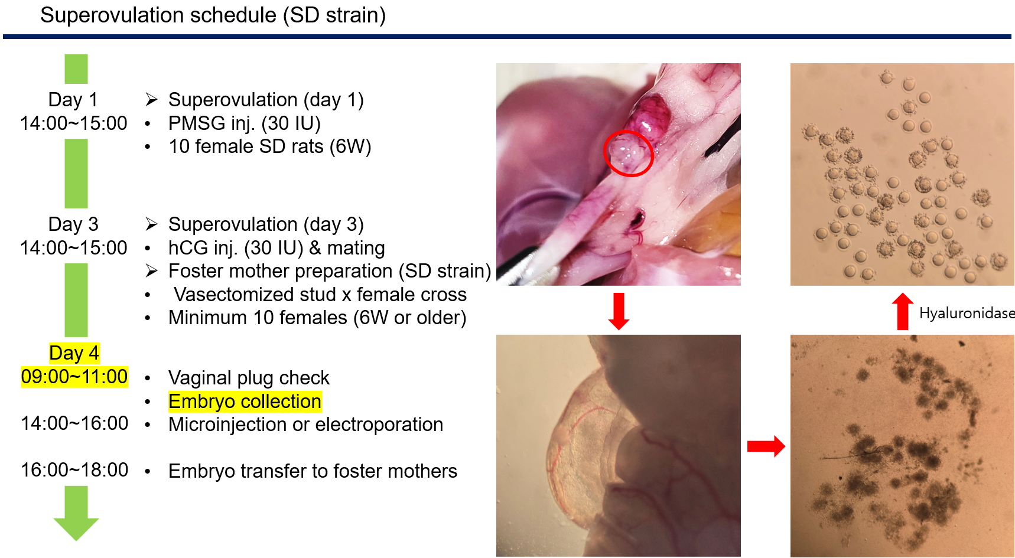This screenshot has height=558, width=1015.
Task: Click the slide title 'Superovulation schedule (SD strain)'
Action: click(x=213, y=15)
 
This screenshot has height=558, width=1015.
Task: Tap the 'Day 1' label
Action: click(x=73, y=99)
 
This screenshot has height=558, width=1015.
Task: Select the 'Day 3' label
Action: click(x=73, y=224)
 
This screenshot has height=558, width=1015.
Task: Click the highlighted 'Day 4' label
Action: click(x=74, y=353)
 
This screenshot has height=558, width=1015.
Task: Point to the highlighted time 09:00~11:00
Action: click(x=74, y=376)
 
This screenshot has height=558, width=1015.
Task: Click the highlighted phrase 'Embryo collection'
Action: click(x=245, y=402)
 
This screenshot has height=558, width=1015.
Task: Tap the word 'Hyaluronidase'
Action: click(x=967, y=313)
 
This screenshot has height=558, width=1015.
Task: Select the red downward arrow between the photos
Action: click(x=619, y=311)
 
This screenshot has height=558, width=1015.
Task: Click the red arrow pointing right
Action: click(x=766, y=446)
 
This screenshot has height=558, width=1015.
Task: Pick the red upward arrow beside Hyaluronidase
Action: click(x=902, y=311)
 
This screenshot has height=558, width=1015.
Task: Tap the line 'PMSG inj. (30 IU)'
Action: click(x=245, y=123)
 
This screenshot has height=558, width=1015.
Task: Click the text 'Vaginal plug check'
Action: click(x=249, y=378)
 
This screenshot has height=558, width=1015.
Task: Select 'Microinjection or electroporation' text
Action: click(x=305, y=425)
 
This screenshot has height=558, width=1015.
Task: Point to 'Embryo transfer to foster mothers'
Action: click(x=313, y=471)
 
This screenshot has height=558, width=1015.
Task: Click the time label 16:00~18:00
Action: click(x=74, y=470)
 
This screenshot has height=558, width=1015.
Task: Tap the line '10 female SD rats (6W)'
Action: click(x=270, y=146)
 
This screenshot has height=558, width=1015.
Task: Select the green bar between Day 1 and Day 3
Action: click(x=76, y=174)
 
